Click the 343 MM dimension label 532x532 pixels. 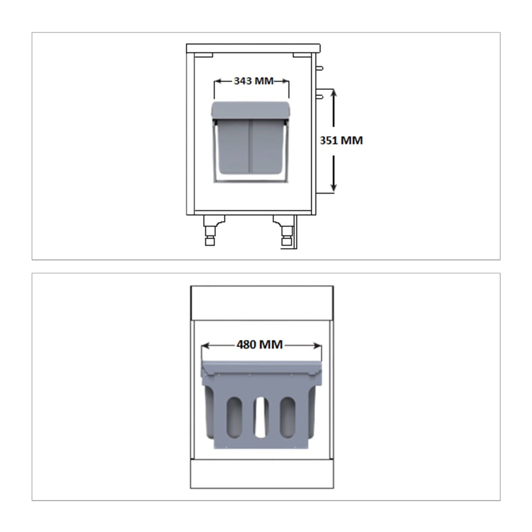[254, 81]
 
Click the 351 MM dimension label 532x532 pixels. [341, 140]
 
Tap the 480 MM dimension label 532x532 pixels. [260, 344]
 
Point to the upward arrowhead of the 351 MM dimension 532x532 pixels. [333, 93]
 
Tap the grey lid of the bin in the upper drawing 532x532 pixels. [251, 110]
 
